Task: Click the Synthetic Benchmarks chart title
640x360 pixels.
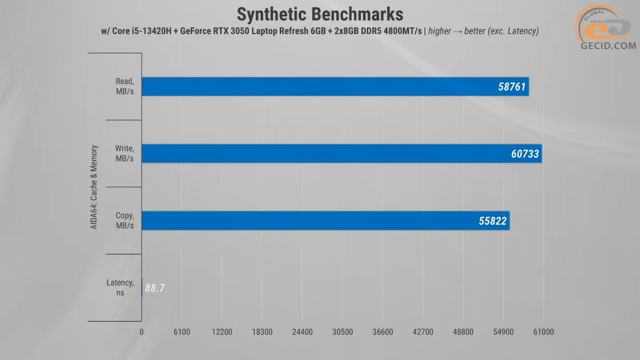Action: tap(319, 14)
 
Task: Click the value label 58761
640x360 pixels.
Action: tap(512, 87)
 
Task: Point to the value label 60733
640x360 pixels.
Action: tap(525, 154)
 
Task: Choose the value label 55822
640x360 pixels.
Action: tap(492, 221)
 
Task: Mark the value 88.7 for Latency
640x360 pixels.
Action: tap(155, 289)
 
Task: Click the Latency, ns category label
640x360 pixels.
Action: tap(120, 287)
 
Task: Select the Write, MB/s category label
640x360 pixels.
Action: tap(124, 153)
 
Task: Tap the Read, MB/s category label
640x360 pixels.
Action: tap(124, 86)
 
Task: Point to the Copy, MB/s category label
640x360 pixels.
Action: tap(124, 220)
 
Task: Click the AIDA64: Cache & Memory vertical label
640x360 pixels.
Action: tap(95, 187)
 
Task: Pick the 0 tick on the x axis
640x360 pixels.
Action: tap(142, 332)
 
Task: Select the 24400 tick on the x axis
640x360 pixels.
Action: tap(302, 332)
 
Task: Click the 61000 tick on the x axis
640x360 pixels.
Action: tap(543, 332)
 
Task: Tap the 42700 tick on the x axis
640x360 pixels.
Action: tap(423, 332)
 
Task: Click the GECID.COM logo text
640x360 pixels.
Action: tap(608, 45)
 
